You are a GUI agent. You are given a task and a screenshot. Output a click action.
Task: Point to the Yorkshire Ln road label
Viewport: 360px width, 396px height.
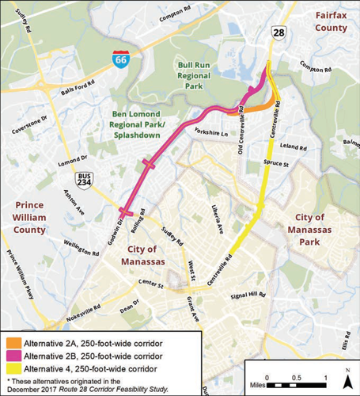(x=210, y=132)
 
